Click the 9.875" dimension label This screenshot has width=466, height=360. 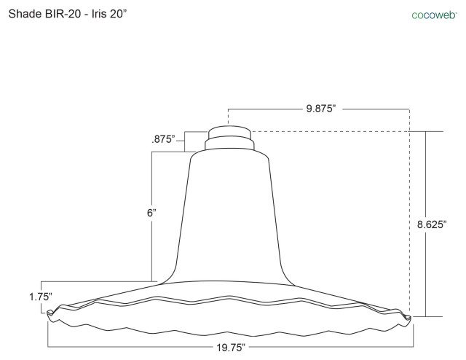click(320, 109)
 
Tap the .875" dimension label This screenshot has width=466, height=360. click(163, 139)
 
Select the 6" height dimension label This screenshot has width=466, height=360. click(151, 213)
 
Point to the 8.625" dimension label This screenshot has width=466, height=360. click(432, 224)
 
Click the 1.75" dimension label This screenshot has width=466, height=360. click(41, 297)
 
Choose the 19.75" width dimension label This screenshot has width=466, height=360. click(231, 347)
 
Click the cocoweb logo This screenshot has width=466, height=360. click(434, 15)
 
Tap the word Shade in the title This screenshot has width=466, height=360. click(25, 14)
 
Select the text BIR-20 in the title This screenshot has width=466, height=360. click(63, 14)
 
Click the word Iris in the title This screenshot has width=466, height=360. click(99, 14)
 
